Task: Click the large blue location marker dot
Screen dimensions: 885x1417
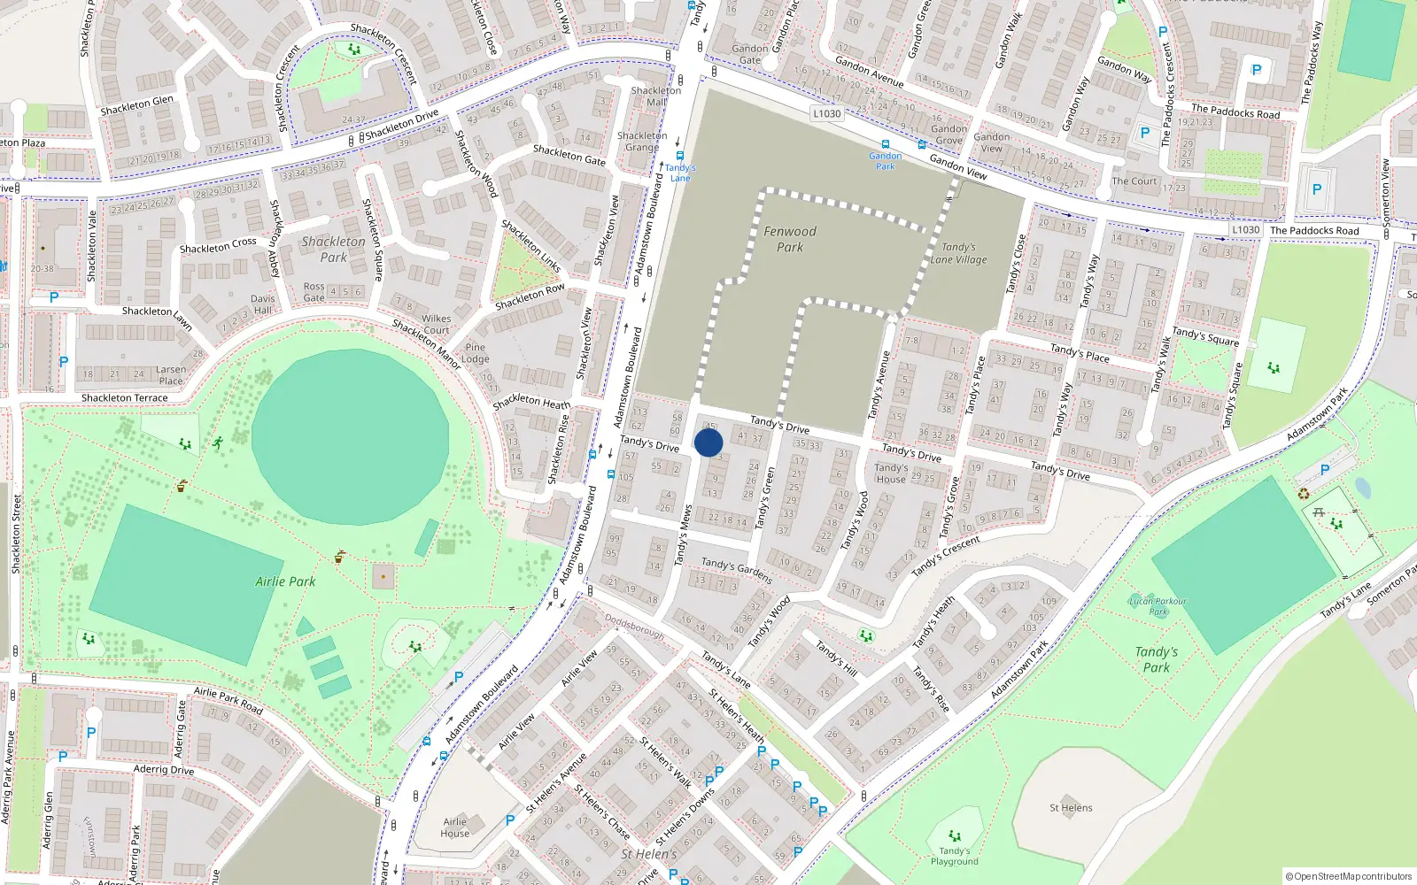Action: coord(708,442)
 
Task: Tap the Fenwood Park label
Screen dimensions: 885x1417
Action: coord(790,239)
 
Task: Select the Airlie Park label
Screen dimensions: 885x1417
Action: coord(285,581)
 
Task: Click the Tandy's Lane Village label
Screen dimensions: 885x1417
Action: coord(958,254)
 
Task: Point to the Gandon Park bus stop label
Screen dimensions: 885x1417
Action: coord(885,161)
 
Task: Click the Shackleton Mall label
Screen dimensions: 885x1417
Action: coord(656,96)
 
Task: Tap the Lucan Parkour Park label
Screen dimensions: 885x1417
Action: coord(1158,606)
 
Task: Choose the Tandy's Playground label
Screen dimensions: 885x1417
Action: coord(954,856)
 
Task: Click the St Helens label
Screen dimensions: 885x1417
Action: coord(1071,807)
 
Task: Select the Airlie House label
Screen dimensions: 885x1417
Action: coord(454,827)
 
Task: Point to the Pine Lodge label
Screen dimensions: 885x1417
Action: coord(476,353)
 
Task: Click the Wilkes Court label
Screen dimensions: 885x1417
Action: coord(436,324)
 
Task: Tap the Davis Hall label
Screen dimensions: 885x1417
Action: coord(263,304)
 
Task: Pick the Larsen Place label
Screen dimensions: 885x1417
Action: coord(171,375)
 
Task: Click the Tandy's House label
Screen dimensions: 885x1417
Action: coord(891,473)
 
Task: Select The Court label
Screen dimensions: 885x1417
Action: coord(1134,181)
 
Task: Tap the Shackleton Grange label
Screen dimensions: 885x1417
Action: coord(642,142)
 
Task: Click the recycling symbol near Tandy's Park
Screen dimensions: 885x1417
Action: coord(1304,493)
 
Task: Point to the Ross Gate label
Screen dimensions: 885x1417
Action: coord(314,292)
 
